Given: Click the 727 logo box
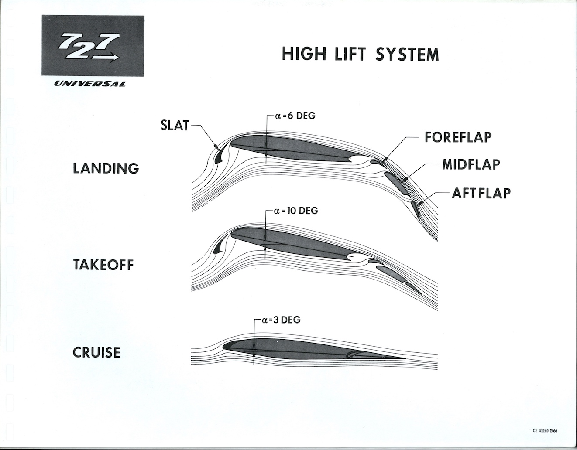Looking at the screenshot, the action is click(x=93, y=45).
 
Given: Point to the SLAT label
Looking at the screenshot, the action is click(x=175, y=126).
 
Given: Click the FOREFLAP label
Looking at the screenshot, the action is click(x=458, y=137).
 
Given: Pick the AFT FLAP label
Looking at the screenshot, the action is click(x=481, y=192).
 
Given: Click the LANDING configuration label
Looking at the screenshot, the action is click(x=106, y=168).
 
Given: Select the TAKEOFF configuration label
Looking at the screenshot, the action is click(x=103, y=265).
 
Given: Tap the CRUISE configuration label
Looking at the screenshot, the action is click(x=96, y=352).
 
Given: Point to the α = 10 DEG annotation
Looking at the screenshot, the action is click(x=296, y=211).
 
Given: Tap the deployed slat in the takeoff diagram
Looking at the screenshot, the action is click(x=219, y=249).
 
